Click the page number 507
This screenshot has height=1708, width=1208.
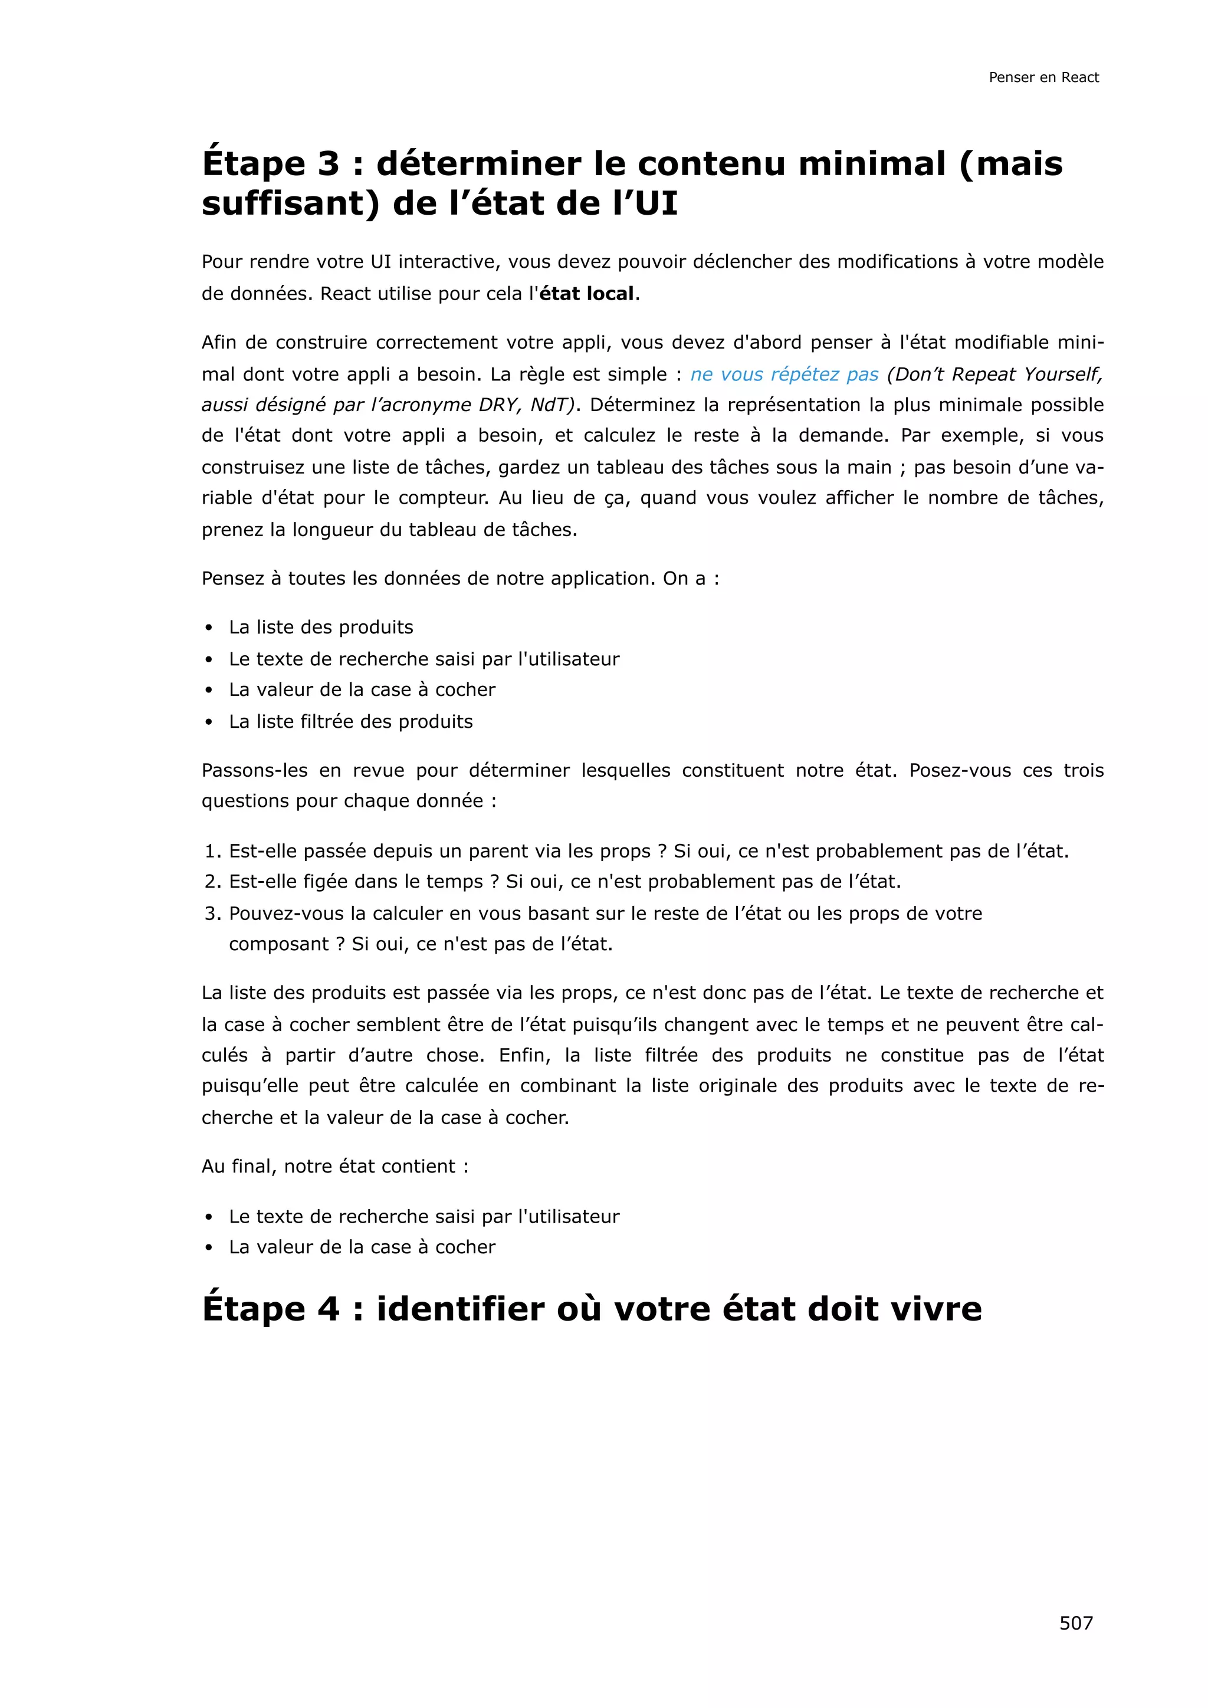[x=1076, y=1622]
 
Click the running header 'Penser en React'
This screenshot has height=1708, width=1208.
[x=1043, y=77]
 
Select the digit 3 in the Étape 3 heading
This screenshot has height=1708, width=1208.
[x=328, y=165]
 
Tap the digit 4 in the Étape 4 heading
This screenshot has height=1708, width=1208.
[x=328, y=1309]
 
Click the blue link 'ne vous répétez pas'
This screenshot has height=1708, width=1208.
[x=784, y=374]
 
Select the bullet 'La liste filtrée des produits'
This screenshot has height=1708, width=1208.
[x=350, y=721]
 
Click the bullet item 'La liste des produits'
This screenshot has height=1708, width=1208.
[x=321, y=627]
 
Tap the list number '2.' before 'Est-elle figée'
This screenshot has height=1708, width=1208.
[x=213, y=882]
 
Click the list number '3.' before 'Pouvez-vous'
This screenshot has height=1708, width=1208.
[x=213, y=914]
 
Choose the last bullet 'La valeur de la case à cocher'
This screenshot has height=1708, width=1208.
[x=362, y=1247]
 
